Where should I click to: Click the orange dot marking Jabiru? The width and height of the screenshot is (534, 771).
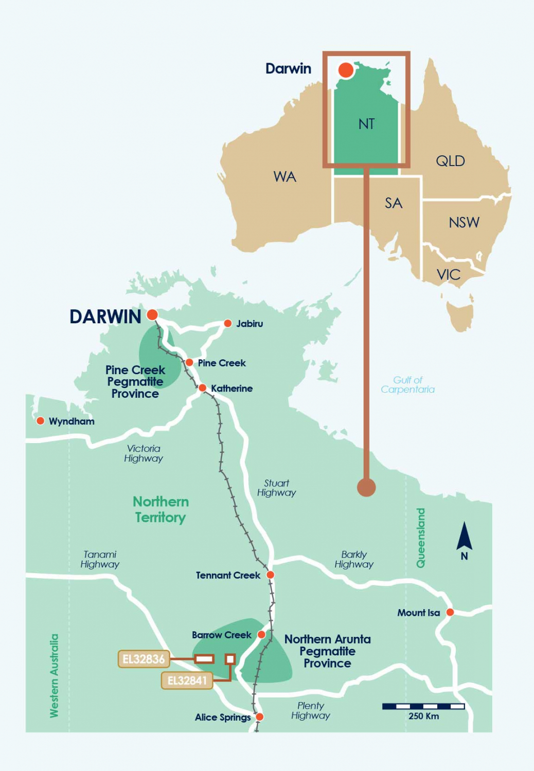click(x=227, y=323)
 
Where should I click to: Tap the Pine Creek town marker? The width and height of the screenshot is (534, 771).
click(x=189, y=362)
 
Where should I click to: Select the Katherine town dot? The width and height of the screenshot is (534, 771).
click(x=202, y=388)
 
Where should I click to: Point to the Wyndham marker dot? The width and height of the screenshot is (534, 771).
click(x=40, y=421)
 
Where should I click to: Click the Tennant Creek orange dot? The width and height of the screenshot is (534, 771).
click(x=270, y=575)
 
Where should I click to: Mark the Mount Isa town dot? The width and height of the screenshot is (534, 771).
click(x=450, y=612)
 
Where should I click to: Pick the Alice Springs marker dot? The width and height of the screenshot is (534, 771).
click(x=259, y=717)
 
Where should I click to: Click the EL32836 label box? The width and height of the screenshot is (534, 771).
click(x=144, y=659)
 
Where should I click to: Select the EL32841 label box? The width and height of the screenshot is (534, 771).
click(x=187, y=681)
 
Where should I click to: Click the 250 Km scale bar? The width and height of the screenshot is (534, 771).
click(x=423, y=706)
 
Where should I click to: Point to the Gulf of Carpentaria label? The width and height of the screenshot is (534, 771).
click(x=407, y=384)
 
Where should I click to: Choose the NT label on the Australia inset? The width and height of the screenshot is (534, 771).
click(x=366, y=124)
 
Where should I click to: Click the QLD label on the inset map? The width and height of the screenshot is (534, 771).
click(x=450, y=161)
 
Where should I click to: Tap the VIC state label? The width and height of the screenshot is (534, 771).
click(x=448, y=274)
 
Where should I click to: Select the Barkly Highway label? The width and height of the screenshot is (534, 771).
click(x=354, y=559)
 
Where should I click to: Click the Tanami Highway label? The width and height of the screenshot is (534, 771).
click(x=100, y=559)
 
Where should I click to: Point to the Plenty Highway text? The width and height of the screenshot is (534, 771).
click(x=310, y=710)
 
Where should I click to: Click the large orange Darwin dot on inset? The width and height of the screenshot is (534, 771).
click(x=346, y=70)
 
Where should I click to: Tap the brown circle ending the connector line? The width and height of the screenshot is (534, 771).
click(x=366, y=487)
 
